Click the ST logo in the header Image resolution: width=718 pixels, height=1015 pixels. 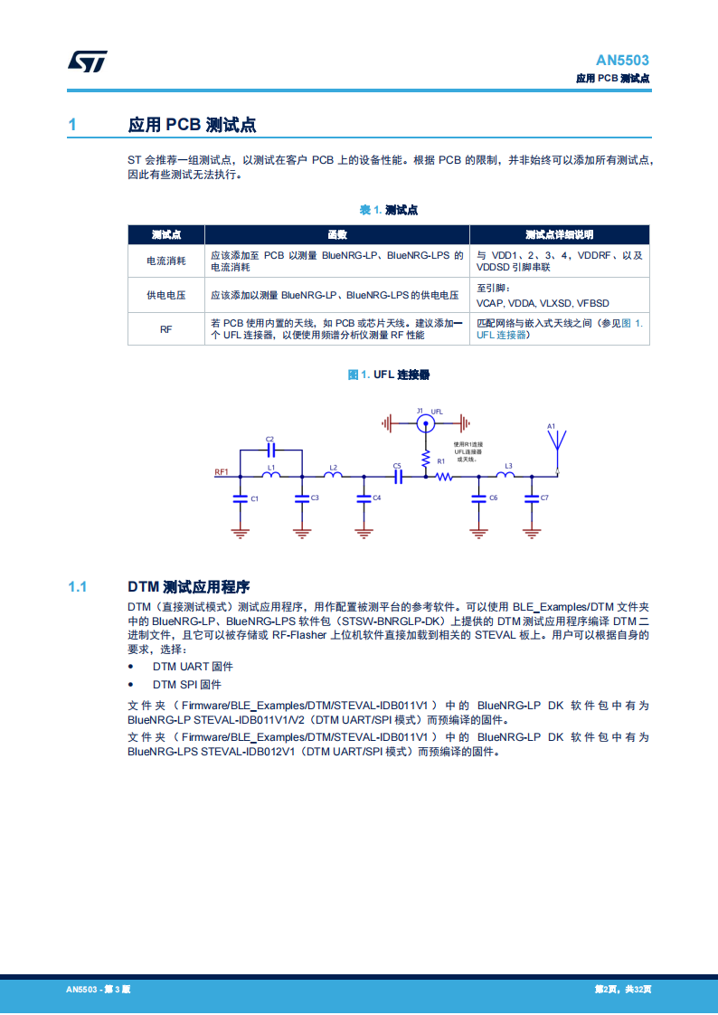[x=88, y=62]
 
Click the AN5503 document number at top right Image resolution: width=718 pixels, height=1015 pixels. [x=622, y=61]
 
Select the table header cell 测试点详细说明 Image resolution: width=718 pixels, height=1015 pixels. [x=559, y=234]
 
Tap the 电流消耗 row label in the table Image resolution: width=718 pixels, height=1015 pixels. [x=166, y=261]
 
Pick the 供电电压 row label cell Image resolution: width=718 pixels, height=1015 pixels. [x=166, y=295]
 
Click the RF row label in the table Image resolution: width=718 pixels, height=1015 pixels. [x=166, y=329]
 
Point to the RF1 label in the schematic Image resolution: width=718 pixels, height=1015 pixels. [x=222, y=472]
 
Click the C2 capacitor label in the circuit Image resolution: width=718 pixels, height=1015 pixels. [x=269, y=440]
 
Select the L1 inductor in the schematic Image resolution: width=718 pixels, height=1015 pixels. [x=270, y=474]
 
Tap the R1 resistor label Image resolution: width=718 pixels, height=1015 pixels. [x=441, y=462]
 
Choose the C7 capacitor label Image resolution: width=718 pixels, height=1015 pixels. [x=543, y=498]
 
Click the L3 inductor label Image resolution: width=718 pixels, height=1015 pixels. [x=508, y=466]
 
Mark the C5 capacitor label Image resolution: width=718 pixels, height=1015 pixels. [x=396, y=466]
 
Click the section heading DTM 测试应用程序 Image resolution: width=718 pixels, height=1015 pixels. [x=188, y=586]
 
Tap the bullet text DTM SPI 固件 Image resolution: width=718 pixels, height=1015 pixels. [x=186, y=685]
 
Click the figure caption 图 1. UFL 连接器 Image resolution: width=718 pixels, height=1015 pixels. [x=389, y=375]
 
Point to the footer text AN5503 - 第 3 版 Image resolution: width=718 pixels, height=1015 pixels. [x=99, y=990]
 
